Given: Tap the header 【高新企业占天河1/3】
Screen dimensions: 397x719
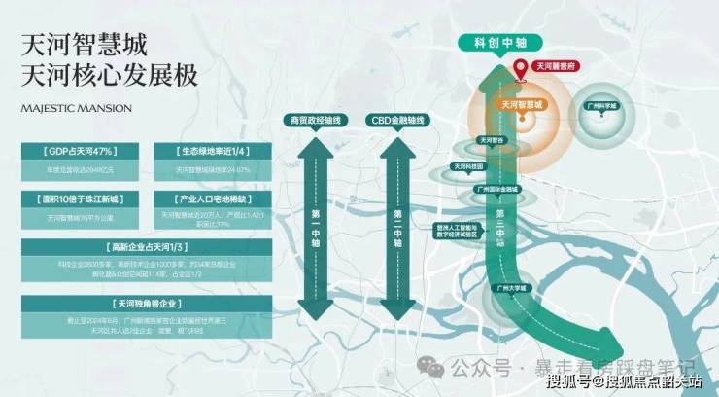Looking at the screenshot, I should tap(145, 246).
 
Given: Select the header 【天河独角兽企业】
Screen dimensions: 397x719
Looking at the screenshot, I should tap(145, 303).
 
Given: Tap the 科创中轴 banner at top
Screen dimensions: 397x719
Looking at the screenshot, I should tap(496, 43).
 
